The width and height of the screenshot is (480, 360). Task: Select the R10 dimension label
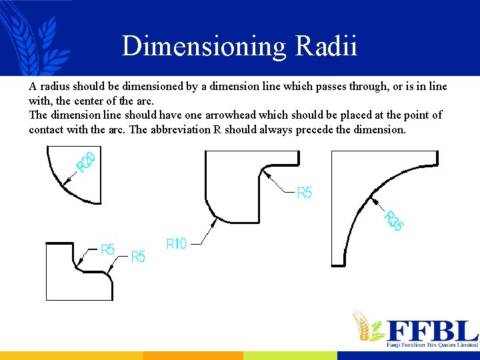point(176,244)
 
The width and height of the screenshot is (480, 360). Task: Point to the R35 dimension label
point(393,221)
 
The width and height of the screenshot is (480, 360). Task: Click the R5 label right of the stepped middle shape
point(304,193)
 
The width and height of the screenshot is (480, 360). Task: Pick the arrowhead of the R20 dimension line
point(66,181)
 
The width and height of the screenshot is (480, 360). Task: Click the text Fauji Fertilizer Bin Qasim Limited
point(432,345)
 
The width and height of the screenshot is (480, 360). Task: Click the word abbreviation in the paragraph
point(180,129)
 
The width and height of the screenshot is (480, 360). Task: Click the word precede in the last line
point(314,129)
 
